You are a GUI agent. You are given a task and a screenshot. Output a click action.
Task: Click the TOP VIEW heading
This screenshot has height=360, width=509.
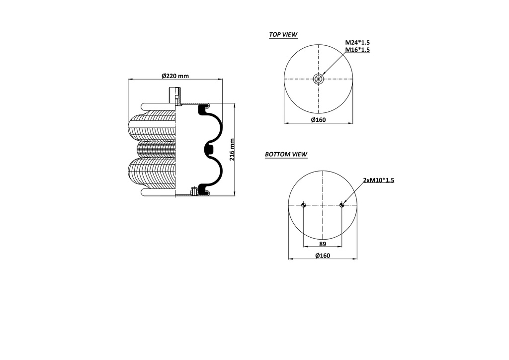(283, 34)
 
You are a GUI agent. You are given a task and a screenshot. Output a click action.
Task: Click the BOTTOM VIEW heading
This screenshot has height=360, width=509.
(286, 154)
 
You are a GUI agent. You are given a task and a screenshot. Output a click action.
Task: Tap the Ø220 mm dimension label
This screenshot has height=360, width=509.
(175, 76)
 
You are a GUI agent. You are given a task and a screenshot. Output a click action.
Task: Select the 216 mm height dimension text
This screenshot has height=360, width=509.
(232, 150)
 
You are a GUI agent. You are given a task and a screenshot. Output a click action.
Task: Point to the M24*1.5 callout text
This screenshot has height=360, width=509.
(357, 43)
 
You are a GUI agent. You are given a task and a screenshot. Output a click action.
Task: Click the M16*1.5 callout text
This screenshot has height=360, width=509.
(357, 50)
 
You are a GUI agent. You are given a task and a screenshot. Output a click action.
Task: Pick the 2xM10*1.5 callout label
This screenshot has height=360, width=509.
(378, 180)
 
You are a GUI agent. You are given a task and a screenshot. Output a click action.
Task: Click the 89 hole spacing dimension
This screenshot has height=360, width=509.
(322, 244)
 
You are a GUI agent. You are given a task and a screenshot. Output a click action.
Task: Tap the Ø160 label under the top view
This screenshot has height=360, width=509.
(318, 120)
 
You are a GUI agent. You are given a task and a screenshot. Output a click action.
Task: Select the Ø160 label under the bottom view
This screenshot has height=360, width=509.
(322, 256)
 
